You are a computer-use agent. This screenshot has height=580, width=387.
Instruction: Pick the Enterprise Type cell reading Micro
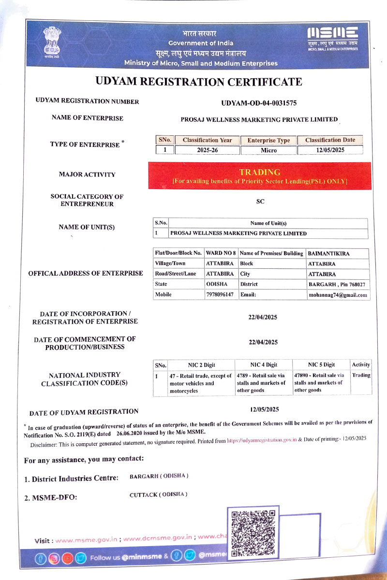[x=268, y=150]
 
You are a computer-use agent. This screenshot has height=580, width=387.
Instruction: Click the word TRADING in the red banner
[x=259, y=172]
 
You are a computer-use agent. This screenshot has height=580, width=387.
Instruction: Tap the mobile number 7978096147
[x=220, y=294]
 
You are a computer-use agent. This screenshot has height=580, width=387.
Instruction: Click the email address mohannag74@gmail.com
[x=338, y=294]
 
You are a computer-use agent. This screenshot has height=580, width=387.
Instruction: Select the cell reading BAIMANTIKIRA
[x=329, y=254]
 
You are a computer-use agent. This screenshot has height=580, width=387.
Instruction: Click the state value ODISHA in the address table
[x=217, y=284]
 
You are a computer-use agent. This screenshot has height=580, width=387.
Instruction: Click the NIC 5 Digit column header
[x=321, y=365]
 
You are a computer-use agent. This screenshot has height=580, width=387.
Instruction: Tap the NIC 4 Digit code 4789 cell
[x=261, y=383]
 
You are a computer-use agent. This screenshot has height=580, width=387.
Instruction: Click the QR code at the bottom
[x=252, y=532]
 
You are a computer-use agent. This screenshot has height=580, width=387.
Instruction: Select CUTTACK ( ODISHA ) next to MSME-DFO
[x=158, y=494]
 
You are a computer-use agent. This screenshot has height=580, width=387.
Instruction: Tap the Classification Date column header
[x=330, y=140]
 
